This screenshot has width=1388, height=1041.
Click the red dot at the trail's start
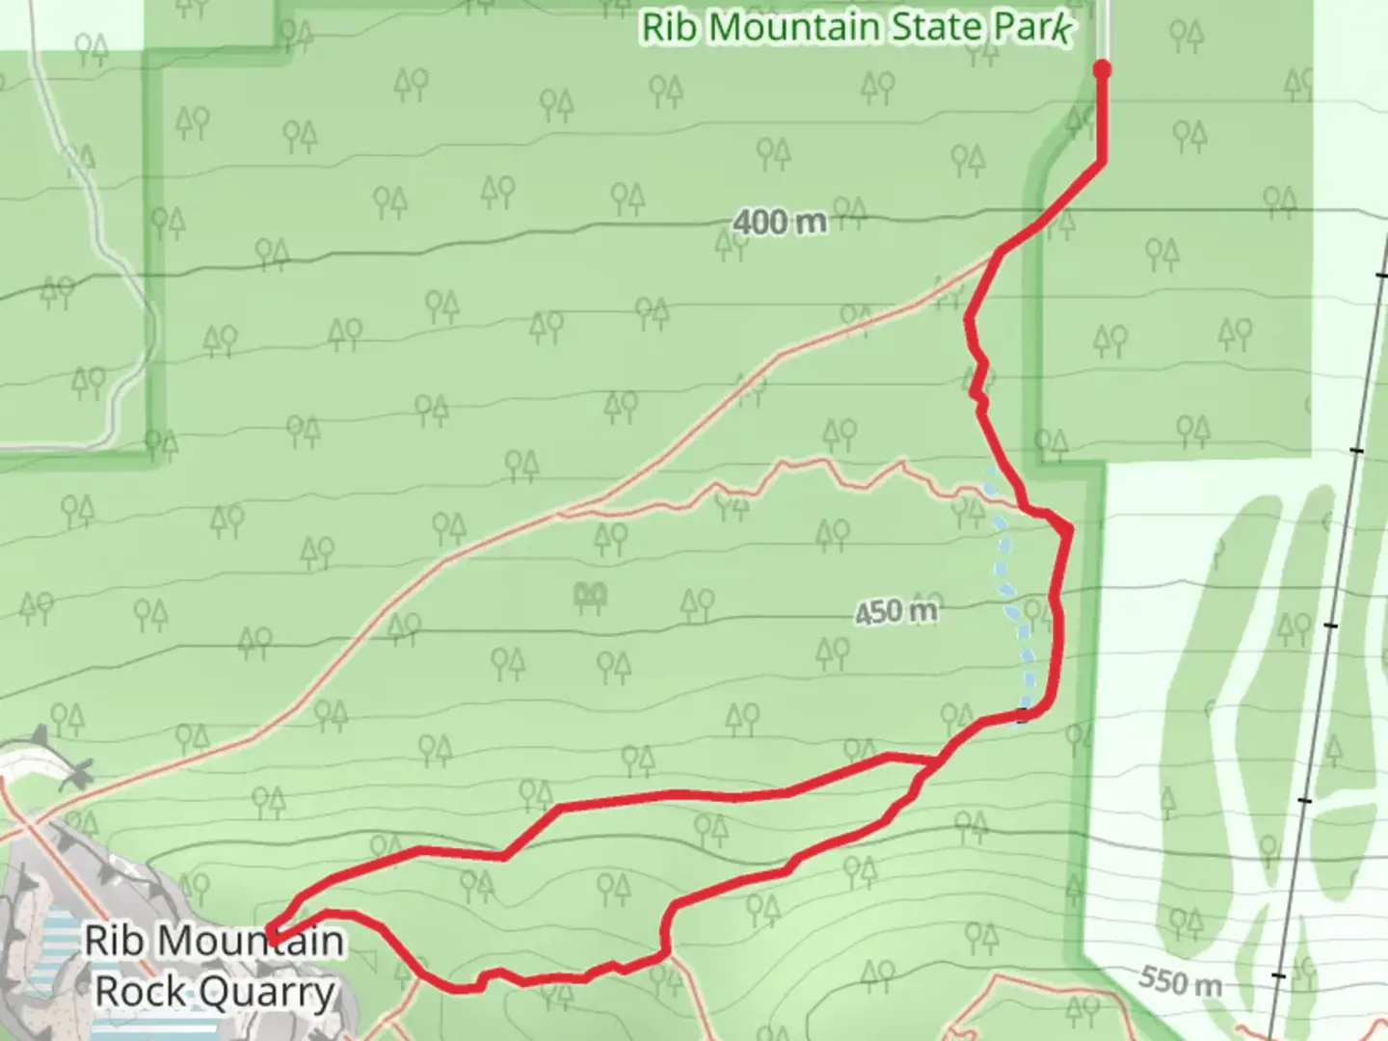(1102, 68)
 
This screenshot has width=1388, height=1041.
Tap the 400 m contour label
(779, 223)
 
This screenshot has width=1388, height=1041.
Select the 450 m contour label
(895, 611)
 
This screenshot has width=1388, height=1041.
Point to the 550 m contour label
(1180, 980)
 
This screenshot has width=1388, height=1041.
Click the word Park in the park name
(1033, 27)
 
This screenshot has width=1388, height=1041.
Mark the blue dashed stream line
(1010, 598)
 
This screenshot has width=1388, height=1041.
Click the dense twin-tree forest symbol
(590, 597)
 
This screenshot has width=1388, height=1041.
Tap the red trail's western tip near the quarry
(272, 937)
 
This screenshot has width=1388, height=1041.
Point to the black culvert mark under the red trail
(1024, 715)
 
